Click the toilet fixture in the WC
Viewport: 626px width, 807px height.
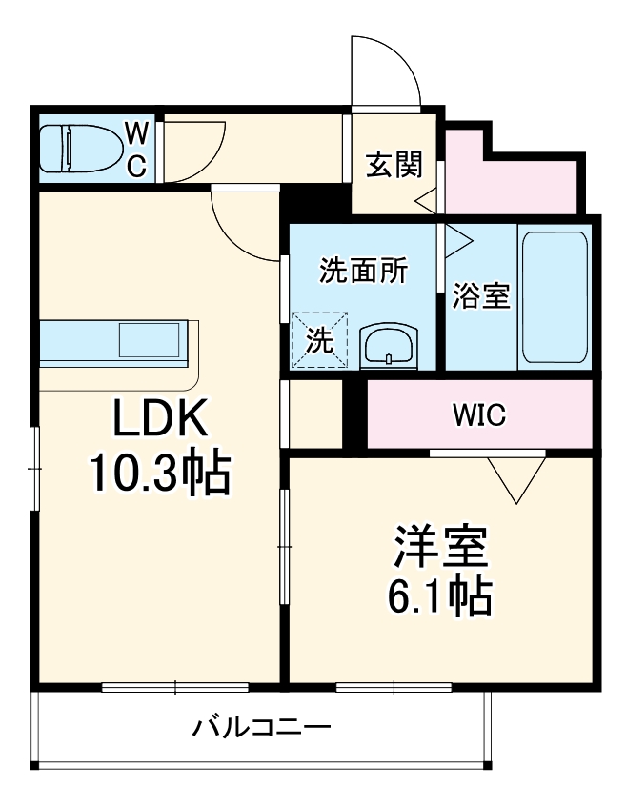coord(80,149)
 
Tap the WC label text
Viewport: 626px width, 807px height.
coord(136,149)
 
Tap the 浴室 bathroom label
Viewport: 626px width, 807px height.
coord(480,296)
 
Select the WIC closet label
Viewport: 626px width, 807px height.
coord(478,415)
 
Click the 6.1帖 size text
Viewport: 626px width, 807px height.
coord(439,597)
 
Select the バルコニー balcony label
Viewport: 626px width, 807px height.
coord(262,730)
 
